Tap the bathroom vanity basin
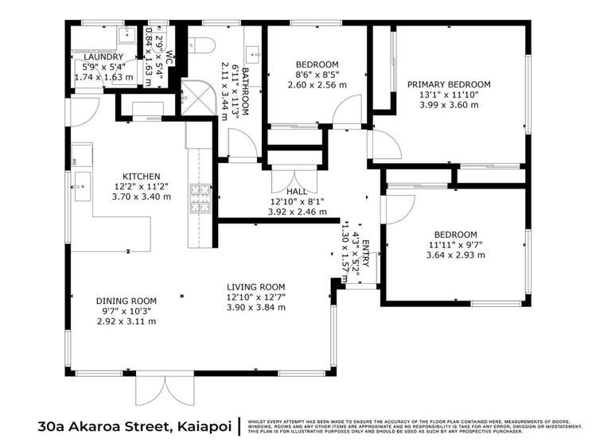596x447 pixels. click(253, 55)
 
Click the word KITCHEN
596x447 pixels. click(142, 176)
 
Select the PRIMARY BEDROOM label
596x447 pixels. click(449, 84)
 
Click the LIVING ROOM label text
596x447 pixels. click(255, 286)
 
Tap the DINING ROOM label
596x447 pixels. click(127, 301)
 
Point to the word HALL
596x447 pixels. click(297, 191)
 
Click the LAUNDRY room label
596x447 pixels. click(103, 57)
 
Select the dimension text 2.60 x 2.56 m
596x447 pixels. click(317, 84)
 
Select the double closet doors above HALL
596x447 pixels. click(282, 177)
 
